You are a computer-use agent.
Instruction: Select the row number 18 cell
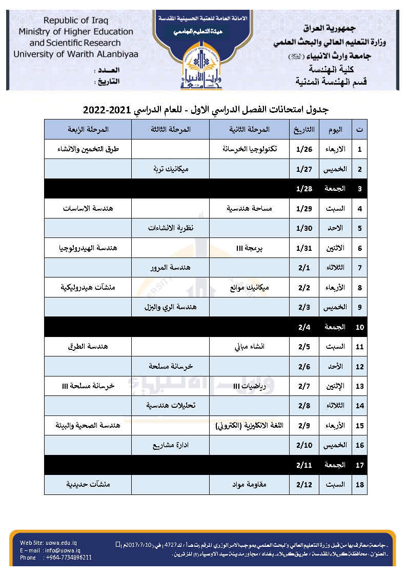click(360, 484)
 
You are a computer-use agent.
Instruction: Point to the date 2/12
click(303, 484)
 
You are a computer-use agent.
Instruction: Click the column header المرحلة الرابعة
click(88, 129)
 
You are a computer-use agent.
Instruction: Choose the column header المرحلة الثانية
click(249, 129)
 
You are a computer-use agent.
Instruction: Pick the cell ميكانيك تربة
click(171, 169)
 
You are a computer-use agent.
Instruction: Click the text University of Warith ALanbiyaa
click(76, 53)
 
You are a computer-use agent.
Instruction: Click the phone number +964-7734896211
click(69, 558)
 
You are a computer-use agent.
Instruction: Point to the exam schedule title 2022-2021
click(206, 110)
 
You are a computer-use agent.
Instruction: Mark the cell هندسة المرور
click(170, 268)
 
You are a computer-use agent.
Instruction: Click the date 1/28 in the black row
click(303, 189)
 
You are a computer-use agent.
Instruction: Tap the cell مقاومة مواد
click(249, 484)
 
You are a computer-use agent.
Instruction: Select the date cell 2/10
click(304, 445)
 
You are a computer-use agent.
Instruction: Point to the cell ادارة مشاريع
click(170, 445)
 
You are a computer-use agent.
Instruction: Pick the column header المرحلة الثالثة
click(170, 129)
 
